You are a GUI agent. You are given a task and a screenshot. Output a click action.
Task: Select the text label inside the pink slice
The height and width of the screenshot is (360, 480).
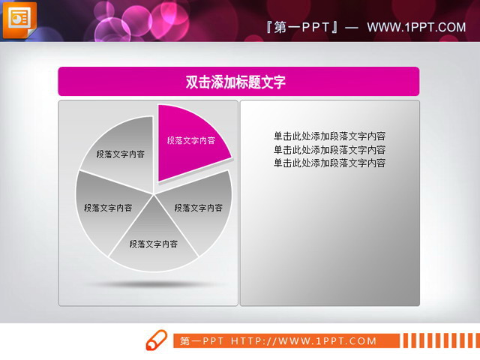pyautogui.click(x=190, y=140)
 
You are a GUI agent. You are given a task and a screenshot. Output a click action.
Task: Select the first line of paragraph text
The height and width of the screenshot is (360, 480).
pyautogui.click(x=329, y=136)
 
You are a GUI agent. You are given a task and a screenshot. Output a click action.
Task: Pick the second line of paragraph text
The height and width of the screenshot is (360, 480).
pyautogui.click(x=329, y=150)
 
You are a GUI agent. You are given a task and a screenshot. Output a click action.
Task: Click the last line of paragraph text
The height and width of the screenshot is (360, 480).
pyautogui.click(x=329, y=163)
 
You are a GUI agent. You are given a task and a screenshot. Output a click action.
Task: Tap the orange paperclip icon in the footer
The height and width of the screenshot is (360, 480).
pyautogui.click(x=156, y=340)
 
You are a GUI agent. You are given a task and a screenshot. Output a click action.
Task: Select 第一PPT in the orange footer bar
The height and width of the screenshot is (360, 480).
pyautogui.click(x=202, y=341)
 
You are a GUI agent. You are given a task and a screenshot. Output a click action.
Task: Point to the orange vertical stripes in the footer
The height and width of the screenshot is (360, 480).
pyautogui.click(x=438, y=341)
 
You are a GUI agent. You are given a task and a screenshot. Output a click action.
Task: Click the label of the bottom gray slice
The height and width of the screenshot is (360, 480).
pyautogui.click(x=153, y=244)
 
